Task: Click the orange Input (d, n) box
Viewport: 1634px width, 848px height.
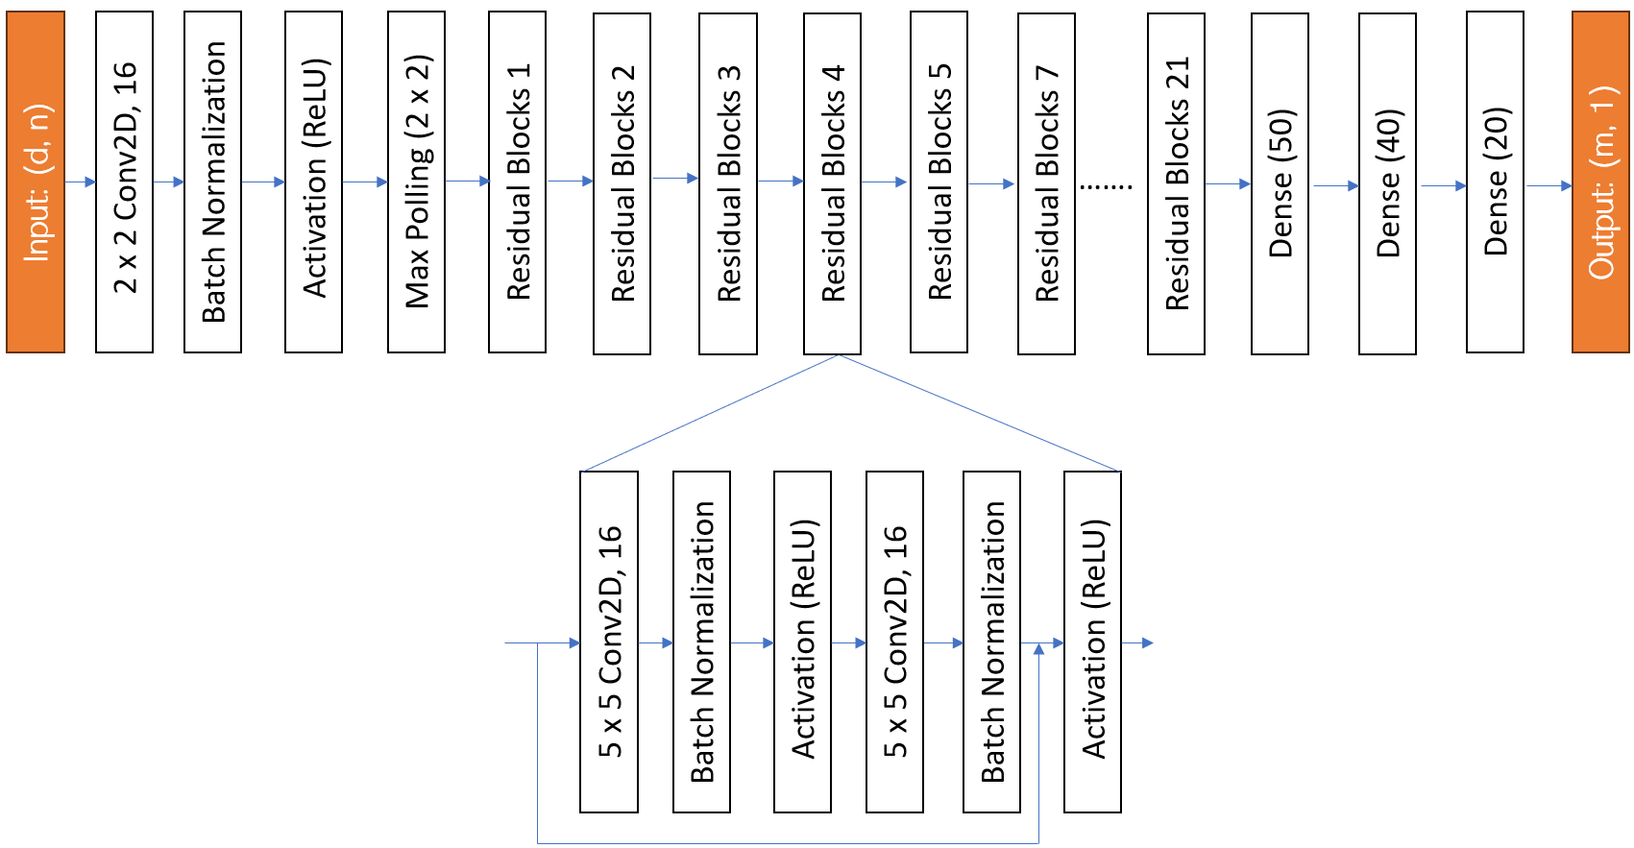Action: (36, 182)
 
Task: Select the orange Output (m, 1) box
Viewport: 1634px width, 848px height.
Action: (1600, 182)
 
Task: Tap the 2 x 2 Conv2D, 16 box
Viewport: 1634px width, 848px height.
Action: (125, 182)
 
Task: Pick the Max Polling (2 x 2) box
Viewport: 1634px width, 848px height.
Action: (416, 182)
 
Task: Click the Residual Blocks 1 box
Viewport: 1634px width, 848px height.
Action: (518, 182)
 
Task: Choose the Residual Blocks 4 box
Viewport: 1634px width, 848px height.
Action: (832, 182)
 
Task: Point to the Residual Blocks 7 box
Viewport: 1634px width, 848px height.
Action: (1046, 182)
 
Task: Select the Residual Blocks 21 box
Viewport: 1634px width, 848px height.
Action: (1176, 182)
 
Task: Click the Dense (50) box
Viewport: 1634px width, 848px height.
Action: (1280, 182)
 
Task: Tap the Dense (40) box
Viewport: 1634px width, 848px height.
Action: (1387, 182)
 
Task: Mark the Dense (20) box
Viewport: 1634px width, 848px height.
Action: (1495, 182)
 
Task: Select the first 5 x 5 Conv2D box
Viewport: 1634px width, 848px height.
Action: (609, 642)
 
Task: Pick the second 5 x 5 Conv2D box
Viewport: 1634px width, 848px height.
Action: (894, 642)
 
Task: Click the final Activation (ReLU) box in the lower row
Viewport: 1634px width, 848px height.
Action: (1092, 642)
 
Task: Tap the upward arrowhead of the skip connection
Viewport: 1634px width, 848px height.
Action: (1038, 650)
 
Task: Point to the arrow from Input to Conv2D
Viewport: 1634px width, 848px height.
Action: (81, 182)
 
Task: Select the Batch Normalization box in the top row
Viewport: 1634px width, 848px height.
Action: (212, 182)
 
